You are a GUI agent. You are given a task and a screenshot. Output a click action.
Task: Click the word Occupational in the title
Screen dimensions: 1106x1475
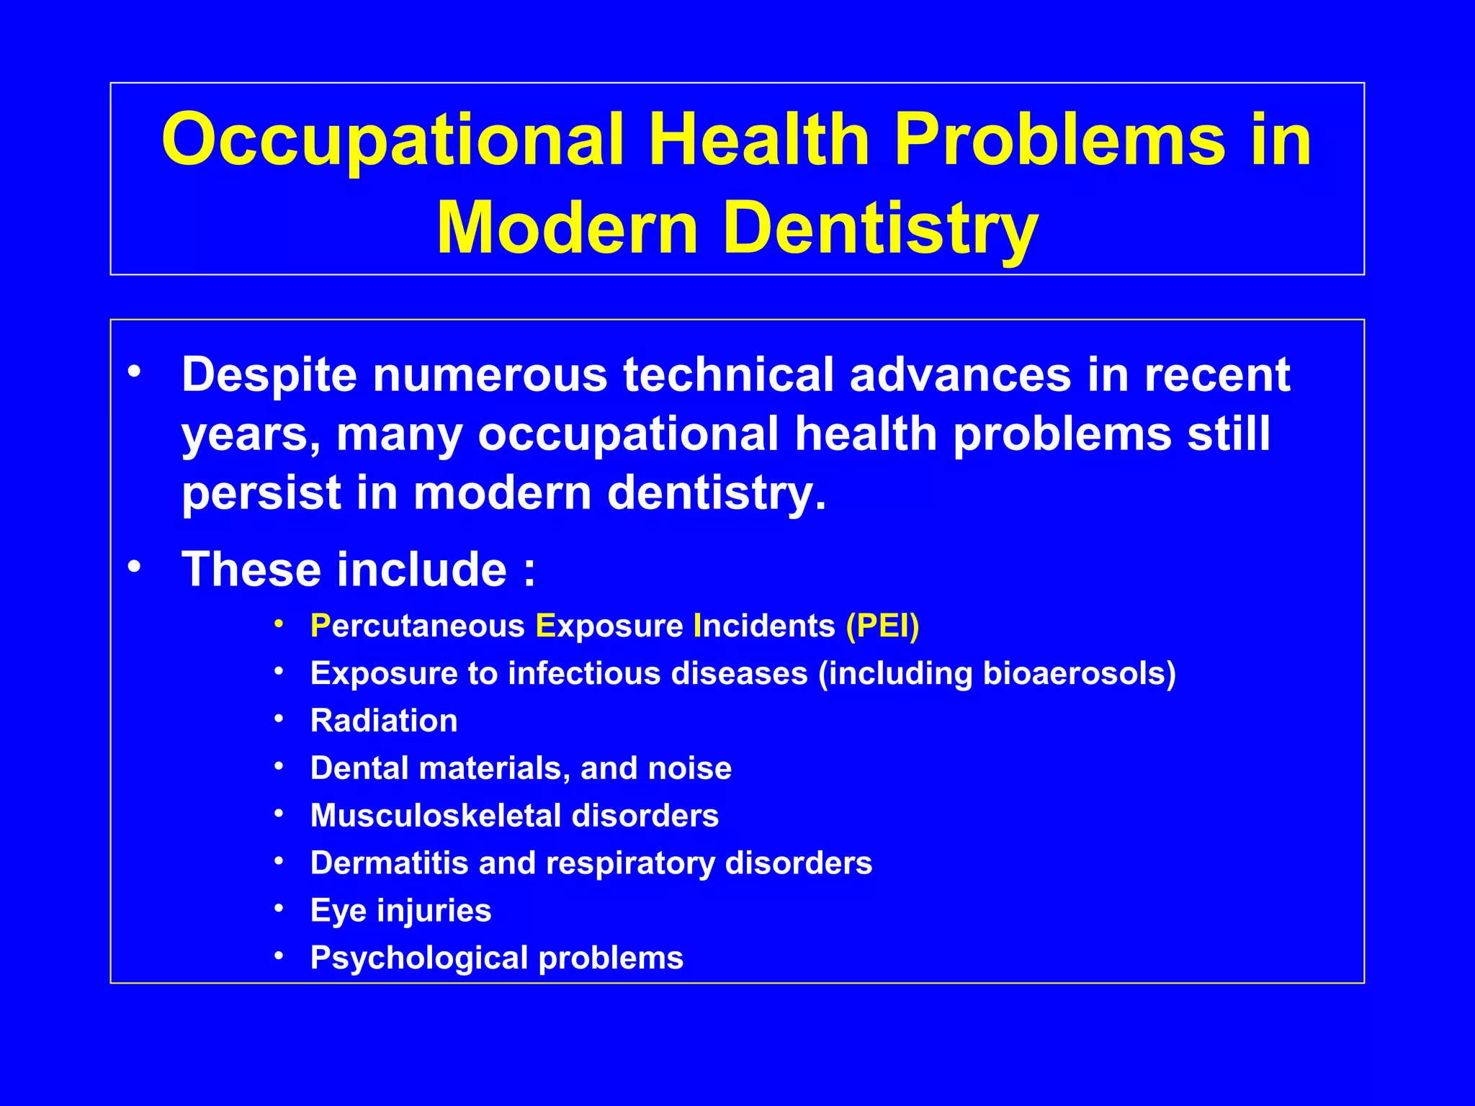(x=393, y=140)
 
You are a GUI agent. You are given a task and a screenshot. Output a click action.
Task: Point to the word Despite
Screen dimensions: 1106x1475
(x=269, y=376)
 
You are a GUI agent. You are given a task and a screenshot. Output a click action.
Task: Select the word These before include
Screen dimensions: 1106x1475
(x=251, y=570)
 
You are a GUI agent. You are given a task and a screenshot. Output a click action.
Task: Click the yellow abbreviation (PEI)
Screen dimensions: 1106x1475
(x=882, y=626)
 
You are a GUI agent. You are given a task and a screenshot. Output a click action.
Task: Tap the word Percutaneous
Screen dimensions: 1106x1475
(x=417, y=626)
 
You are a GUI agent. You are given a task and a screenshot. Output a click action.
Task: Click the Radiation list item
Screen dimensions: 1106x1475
(x=384, y=721)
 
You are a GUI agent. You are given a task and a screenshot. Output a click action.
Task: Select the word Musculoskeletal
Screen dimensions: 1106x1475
(x=436, y=816)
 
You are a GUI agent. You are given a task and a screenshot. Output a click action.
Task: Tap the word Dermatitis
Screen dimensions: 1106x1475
(x=389, y=863)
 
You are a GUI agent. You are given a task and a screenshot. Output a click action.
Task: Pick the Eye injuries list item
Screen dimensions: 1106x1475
(x=400, y=911)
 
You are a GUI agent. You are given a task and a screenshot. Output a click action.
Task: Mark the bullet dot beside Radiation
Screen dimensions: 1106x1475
(x=279, y=719)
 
